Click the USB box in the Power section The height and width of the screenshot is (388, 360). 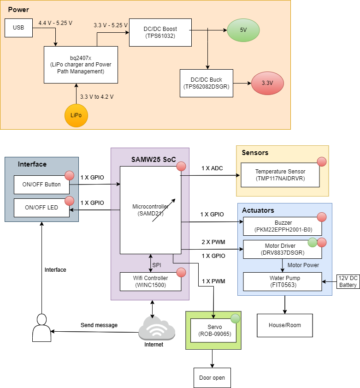point(18,28)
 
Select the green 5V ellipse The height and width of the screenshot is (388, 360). point(243,30)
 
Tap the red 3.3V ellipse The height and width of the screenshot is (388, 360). point(267,84)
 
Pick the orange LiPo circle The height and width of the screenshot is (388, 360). point(76,115)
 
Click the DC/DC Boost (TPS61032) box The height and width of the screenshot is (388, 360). point(160,32)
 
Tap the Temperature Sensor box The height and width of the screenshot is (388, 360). point(280,175)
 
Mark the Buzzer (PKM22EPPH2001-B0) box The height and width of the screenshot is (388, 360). point(282,226)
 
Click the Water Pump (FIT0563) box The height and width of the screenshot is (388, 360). point(282,281)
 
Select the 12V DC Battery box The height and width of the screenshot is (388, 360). point(348,281)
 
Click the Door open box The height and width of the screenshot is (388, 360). point(212,378)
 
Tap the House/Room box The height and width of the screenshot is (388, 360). point(284,325)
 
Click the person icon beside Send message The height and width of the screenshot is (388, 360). point(41,328)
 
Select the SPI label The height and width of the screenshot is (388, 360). point(157,265)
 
